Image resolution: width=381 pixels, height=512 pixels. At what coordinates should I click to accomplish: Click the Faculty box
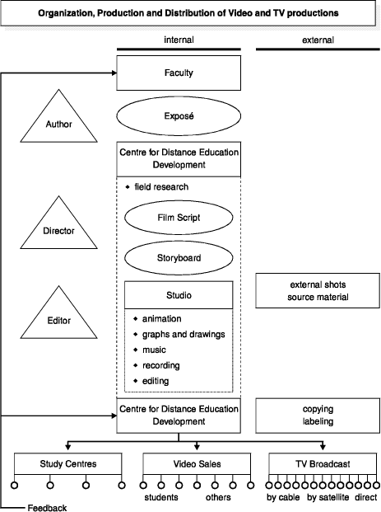[179, 73]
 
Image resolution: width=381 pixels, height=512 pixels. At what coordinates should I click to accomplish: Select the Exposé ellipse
[179, 116]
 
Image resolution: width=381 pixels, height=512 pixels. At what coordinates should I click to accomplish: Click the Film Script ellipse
[179, 218]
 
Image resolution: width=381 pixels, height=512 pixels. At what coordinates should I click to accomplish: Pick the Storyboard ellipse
[179, 257]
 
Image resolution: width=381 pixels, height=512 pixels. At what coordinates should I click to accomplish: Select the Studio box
[179, 295]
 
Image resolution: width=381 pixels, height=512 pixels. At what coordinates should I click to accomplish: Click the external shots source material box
[318, 290]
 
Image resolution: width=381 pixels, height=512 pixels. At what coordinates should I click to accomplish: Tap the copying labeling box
[318, 416]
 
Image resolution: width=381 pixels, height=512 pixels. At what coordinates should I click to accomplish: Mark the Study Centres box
[67, 463]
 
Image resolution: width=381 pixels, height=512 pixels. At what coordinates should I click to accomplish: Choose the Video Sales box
[197, 463]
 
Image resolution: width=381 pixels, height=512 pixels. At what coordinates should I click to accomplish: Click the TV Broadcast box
[323, 463]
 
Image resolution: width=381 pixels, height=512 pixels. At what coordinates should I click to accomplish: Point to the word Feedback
[47, 508]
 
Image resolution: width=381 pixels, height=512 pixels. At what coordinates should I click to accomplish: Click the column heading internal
[179, 40]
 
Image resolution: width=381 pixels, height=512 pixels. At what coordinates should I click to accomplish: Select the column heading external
[318, 40]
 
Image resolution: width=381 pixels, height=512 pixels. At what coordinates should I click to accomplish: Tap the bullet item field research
[157, 187]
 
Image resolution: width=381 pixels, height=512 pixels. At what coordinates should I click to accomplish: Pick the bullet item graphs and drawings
[179, 335]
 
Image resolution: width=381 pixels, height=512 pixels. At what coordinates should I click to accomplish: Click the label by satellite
[328, 497]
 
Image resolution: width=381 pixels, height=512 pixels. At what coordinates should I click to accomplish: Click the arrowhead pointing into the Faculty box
[114, 73]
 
